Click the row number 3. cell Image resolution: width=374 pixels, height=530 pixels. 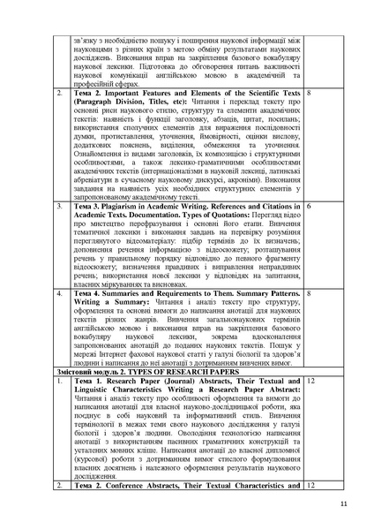[x=59, y=205]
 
